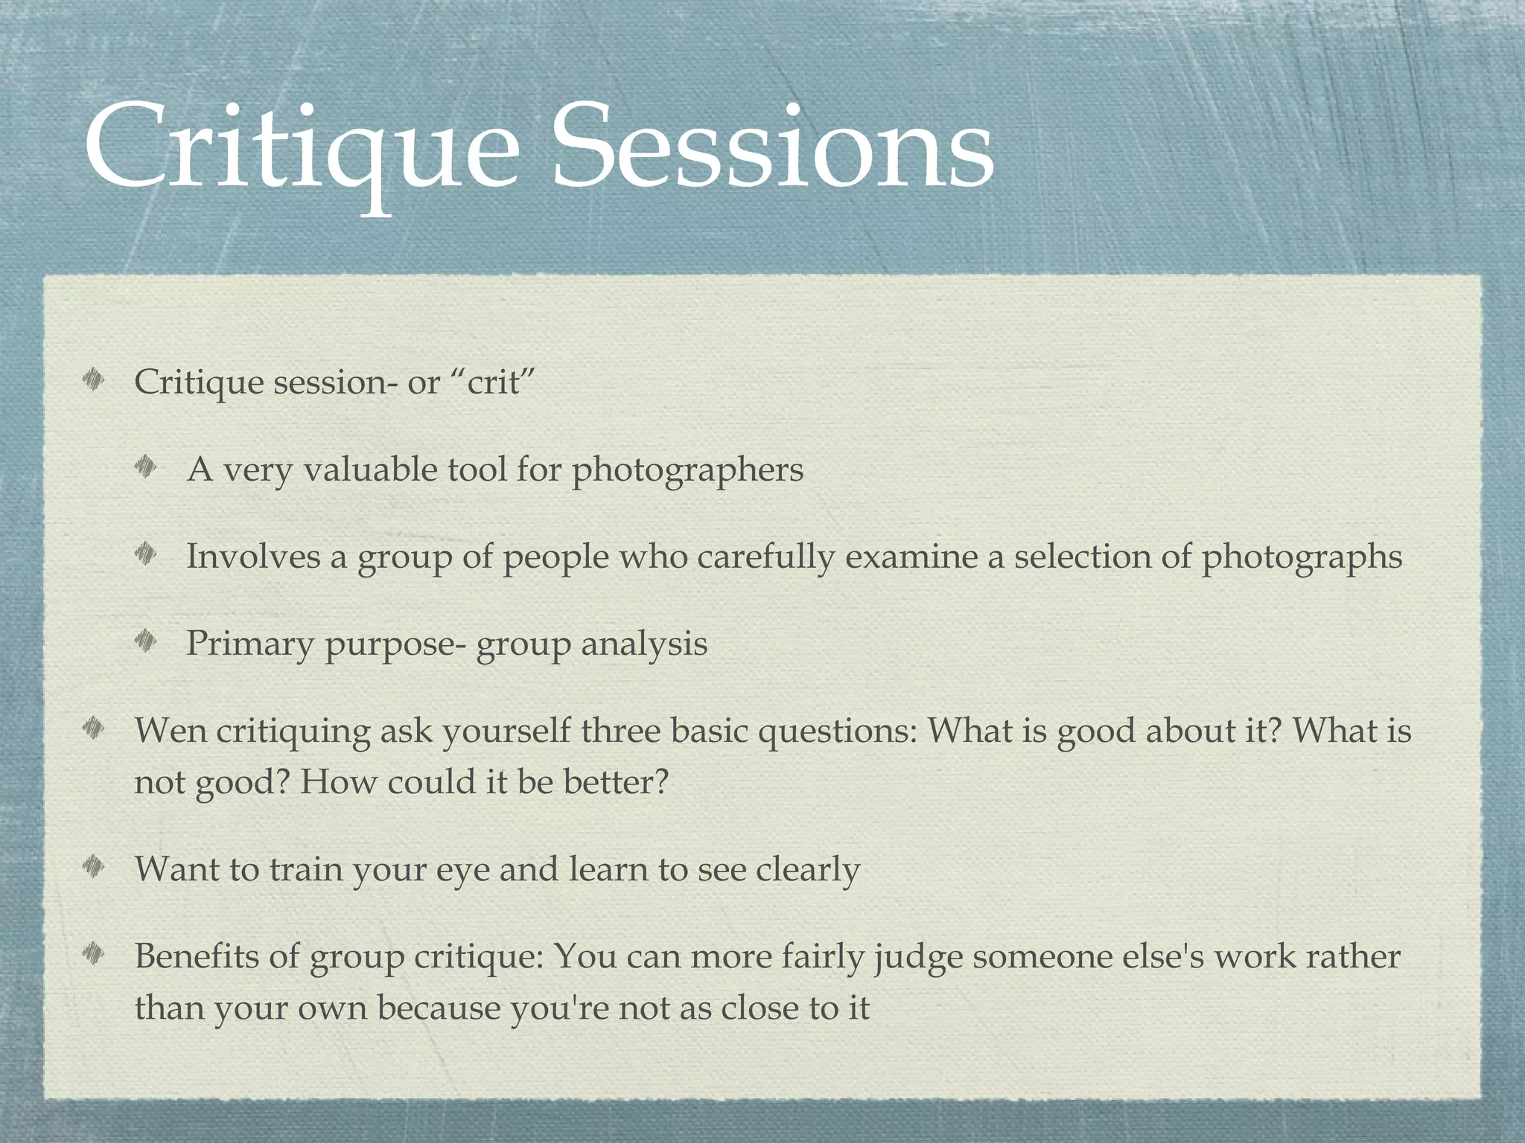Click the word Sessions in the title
[x=772, y=149]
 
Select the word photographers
[x=687, y=470]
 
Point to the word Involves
[x=253, y=557]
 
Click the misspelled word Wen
[x=171, y=731]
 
